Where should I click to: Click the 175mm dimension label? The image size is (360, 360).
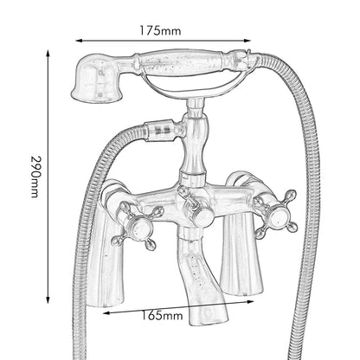click(x=160, y=30)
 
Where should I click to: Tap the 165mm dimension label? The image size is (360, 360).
click(x=162, y=315)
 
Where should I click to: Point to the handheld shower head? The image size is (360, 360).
click(x=98, y=79)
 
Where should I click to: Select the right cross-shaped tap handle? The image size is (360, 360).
click(x=276, y=214)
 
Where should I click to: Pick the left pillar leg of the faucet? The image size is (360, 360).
click(x=106, y=254)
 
